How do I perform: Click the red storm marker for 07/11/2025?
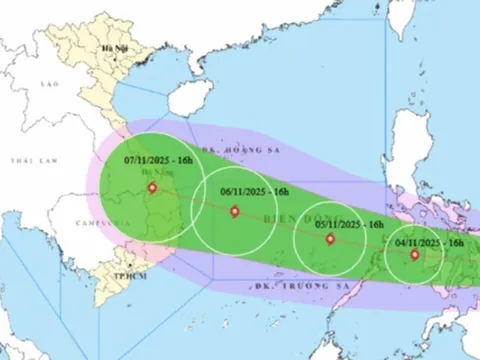coord(152,187)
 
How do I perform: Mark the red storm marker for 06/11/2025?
coord(234,210)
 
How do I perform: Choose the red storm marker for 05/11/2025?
coord(330,239)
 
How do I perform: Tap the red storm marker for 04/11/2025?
coord(415,254)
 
